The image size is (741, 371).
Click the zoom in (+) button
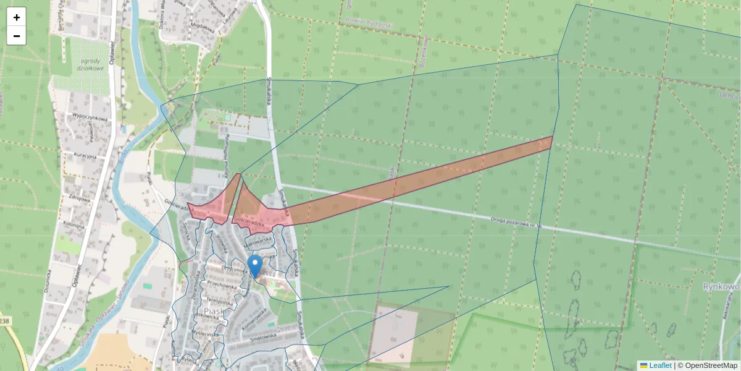[x=17, y=17]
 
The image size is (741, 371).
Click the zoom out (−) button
[x=17, y=36]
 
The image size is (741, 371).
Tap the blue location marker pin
[x=254, y=267]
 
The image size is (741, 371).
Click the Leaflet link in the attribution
[x=659, y=365]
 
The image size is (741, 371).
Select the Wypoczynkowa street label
[x=90, y=117]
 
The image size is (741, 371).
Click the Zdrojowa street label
[x=81, y=199]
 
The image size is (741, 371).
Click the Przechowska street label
[x=222, y=287]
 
